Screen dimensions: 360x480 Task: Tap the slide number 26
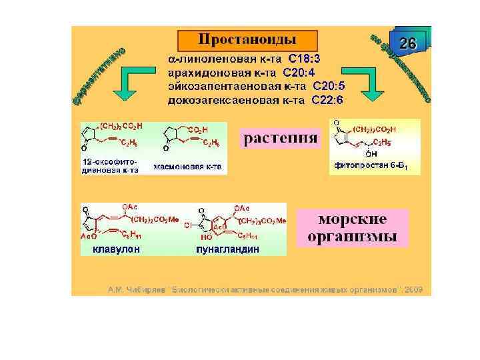pos(407,44)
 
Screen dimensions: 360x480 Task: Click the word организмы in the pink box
pos(353,236)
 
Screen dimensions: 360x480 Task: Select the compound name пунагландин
pos(227,249)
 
